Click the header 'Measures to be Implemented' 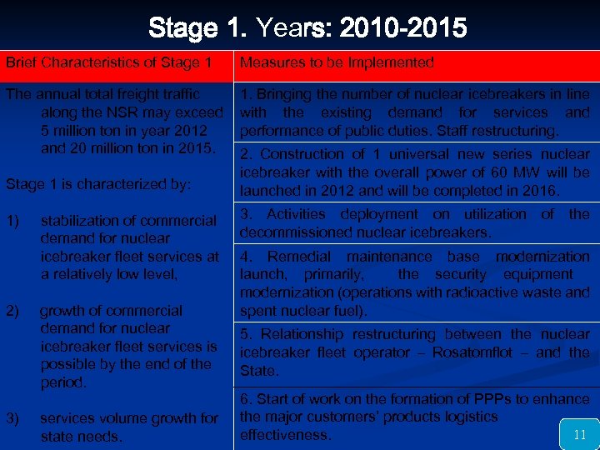[337, 62]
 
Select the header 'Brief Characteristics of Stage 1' [109, 62]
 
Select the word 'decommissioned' [291, 232]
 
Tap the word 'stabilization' [83, 221]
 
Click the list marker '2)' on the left [13, 311]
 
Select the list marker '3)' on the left [13, 418]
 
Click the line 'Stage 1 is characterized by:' [99, 184]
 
